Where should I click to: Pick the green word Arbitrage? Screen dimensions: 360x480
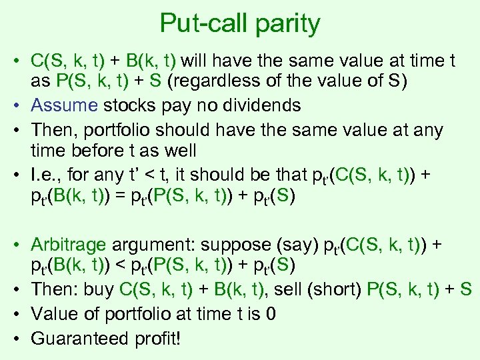click(69, 245)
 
